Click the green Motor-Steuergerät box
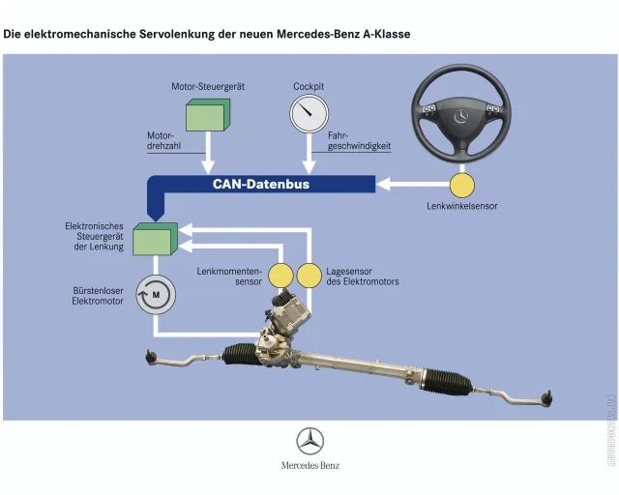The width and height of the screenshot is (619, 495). [208, 115]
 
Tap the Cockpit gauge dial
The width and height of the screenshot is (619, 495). [309, 113]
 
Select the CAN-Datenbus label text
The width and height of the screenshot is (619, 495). [261, 184]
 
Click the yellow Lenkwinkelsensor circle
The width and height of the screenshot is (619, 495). [462, 185]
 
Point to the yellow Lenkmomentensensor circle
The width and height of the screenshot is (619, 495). [280, 276]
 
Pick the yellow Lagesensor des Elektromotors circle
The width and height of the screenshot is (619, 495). [309, 276]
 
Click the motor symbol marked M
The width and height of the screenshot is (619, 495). [156, 295]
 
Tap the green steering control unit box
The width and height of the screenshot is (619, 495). [155, 239]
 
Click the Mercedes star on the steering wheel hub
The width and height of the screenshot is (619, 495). [460, 116]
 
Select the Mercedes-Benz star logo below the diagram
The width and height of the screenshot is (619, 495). [310, 441]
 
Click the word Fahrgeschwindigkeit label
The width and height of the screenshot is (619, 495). [359, 141]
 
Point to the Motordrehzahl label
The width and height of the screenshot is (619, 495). [163, 141]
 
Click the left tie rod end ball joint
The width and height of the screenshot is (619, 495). [150, 357]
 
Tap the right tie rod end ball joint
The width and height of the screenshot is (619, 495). [547, 398]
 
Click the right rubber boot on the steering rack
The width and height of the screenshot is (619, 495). [447, 381]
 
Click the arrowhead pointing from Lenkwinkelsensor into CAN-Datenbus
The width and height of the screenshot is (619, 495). [384, 185]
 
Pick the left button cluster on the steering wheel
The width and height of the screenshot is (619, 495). [429, 108]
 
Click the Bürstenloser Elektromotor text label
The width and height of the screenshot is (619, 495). [98, 296]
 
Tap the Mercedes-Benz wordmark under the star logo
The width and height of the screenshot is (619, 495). [310, 465]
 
